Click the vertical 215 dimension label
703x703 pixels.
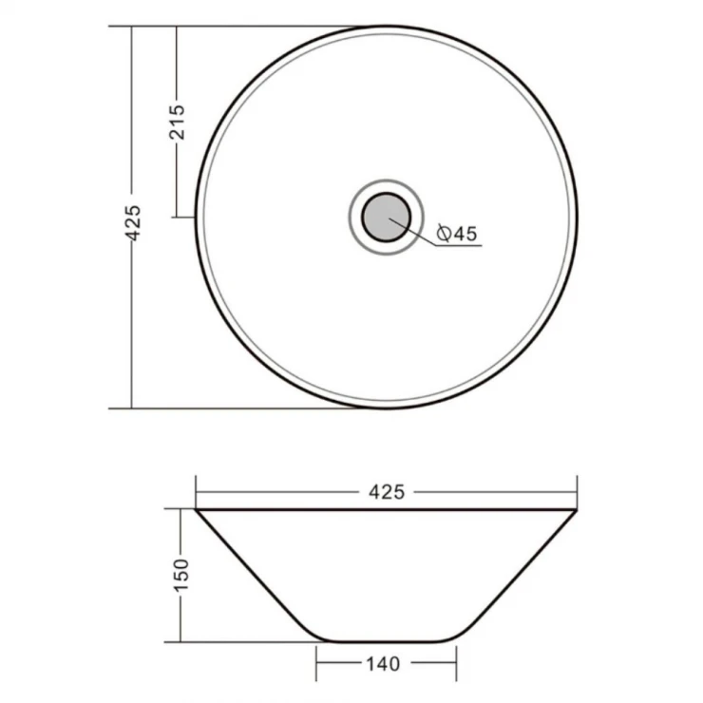(177, 122)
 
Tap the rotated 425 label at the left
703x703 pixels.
(133, 223)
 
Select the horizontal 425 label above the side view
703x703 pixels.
(387, 492)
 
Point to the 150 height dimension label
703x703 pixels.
(181, 575)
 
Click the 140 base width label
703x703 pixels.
(383, 664)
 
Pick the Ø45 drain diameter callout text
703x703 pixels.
(457, 234)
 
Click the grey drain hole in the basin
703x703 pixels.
(386, 218)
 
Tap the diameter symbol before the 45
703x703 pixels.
(444, 234)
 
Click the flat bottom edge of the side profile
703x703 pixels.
(386, 641)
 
